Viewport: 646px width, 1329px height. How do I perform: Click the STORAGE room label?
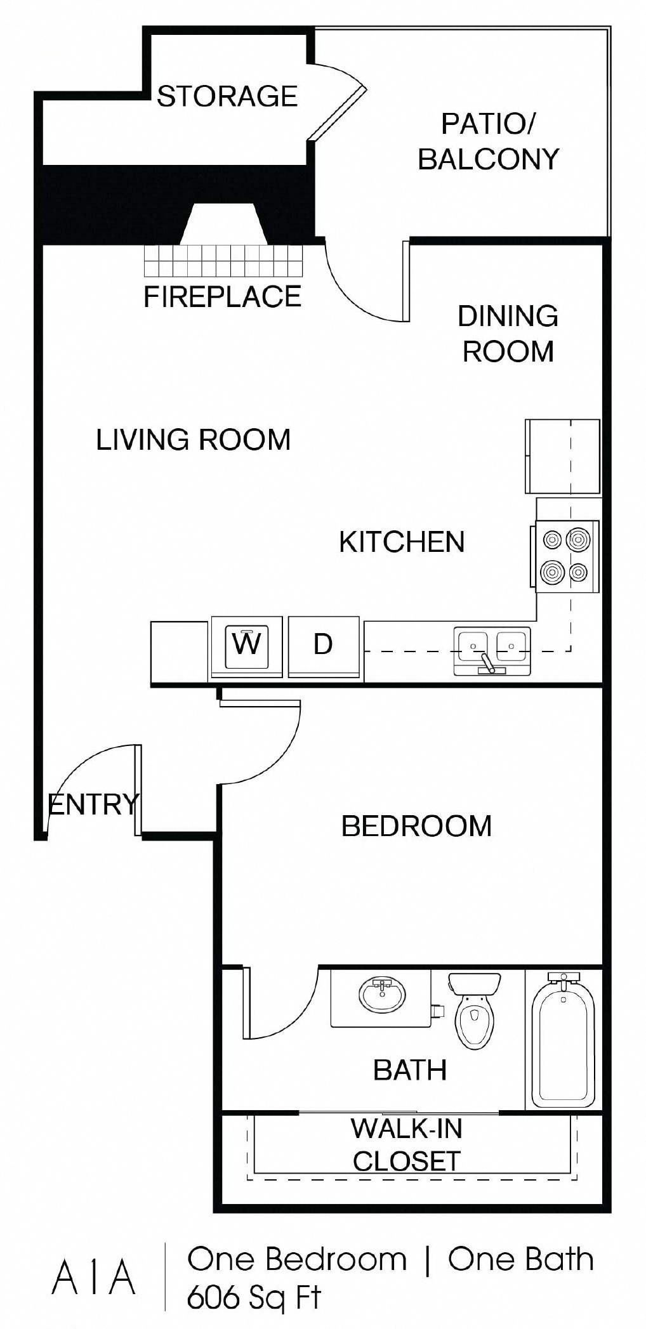pyautogui.click(x=227, y=96)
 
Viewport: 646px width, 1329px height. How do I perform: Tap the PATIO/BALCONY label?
pyautogui.click(x=489, y=141)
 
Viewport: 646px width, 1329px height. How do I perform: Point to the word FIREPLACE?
pyautogui.click(x=222, y=297)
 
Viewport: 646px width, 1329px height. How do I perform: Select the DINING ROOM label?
pyautogui.click(x=508, y=334)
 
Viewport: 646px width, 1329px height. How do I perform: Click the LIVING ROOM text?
pyautogui.click(x=193, y=440)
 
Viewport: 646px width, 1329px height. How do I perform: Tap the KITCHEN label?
pyautogui.click(x=402, y=542)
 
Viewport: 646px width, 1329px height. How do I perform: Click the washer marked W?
pyautogui.click(x=246, y=645)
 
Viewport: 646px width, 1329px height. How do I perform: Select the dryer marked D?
pyautogui.click(x=324, y=645)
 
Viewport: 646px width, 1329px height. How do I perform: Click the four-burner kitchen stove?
pyautogui.click(x=566, y=556)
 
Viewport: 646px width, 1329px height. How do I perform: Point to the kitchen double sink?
pyautogui.click(x=492, y=650)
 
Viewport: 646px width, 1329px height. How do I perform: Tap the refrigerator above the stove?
pyautogui.click(x=562, y=455)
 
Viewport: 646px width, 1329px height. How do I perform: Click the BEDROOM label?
pyautogui.click(x=416, y=826)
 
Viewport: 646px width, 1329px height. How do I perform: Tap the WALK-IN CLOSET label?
pyautogui.click(x=406, y=1145)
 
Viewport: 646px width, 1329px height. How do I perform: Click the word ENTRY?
pyautogui.click(x=93, y=804)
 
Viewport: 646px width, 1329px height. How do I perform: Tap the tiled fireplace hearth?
pyautogui.click(x=224, y=260)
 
